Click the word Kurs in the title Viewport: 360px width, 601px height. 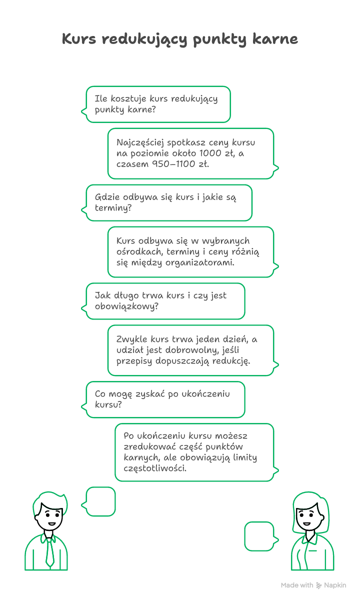(x=78, y=39)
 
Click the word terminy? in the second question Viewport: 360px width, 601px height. (x=113, y=208)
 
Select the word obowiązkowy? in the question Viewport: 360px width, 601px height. (x=126, y=306)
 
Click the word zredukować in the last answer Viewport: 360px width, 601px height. (x=148, y=446)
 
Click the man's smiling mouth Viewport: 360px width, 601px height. (x=51, y=523)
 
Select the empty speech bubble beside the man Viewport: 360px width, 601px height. (x=100, y=501)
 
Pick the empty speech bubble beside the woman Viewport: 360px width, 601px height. (x=259, y=536)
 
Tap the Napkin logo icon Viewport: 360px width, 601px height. (x=319, y=585)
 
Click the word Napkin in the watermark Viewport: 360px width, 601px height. (x=335, y=585)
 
